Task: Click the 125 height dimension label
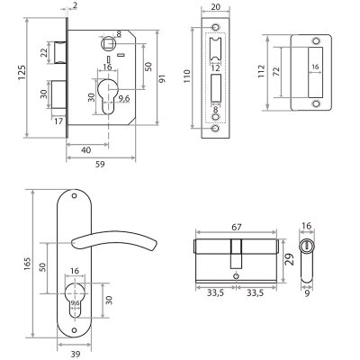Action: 22,72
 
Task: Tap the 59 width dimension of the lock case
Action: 100,164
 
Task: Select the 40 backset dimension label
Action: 86,149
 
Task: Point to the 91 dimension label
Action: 162,78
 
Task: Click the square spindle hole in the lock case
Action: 109,44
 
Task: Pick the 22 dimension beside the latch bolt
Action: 44,52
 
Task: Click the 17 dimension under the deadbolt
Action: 58,121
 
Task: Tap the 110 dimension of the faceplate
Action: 187,76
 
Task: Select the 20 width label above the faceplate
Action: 216,6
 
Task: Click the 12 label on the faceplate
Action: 215,68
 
